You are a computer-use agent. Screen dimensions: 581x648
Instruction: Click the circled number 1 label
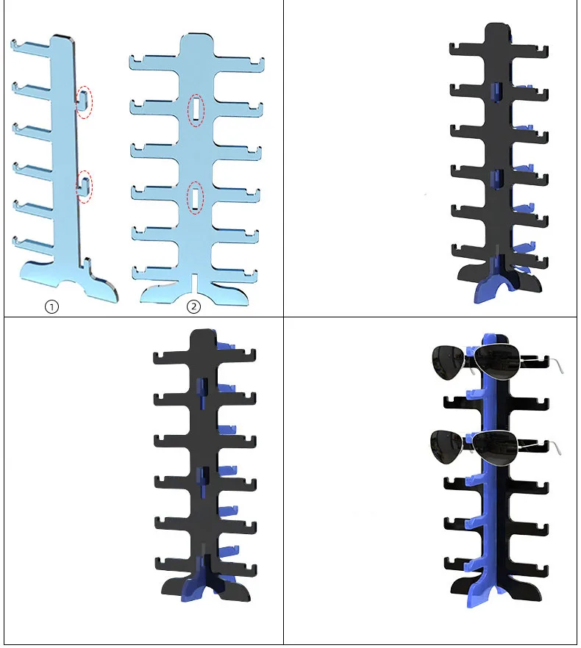point(51,306)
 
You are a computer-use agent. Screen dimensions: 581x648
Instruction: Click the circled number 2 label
point(193,306)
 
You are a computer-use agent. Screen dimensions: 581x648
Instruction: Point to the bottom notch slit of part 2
point(193,282)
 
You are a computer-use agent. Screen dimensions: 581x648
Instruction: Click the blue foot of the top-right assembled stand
point(493,285)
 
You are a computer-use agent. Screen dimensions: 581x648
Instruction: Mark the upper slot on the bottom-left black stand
point(203,393)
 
